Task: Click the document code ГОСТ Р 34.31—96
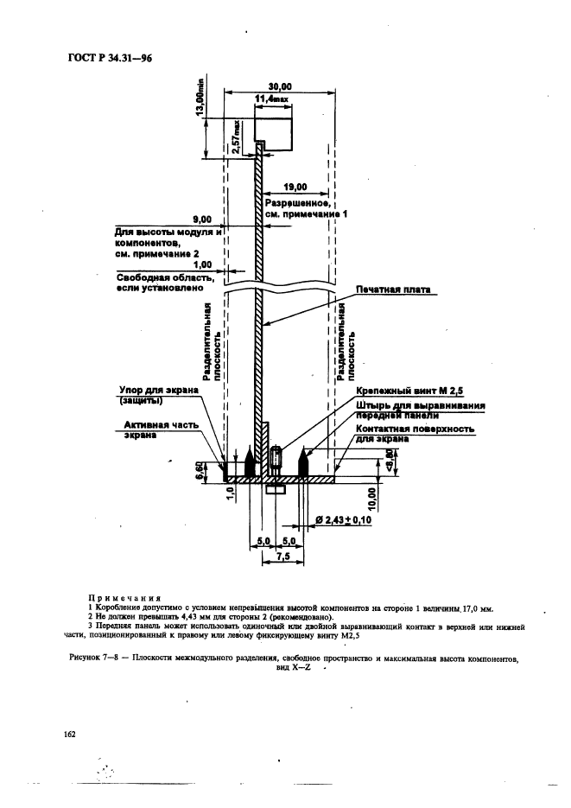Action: tap(103, 58)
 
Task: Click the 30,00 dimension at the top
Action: tap(278, 86)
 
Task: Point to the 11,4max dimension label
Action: tap(274, 102)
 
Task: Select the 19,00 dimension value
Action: tap(296, 185)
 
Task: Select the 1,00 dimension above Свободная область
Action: tap(202, 264)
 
